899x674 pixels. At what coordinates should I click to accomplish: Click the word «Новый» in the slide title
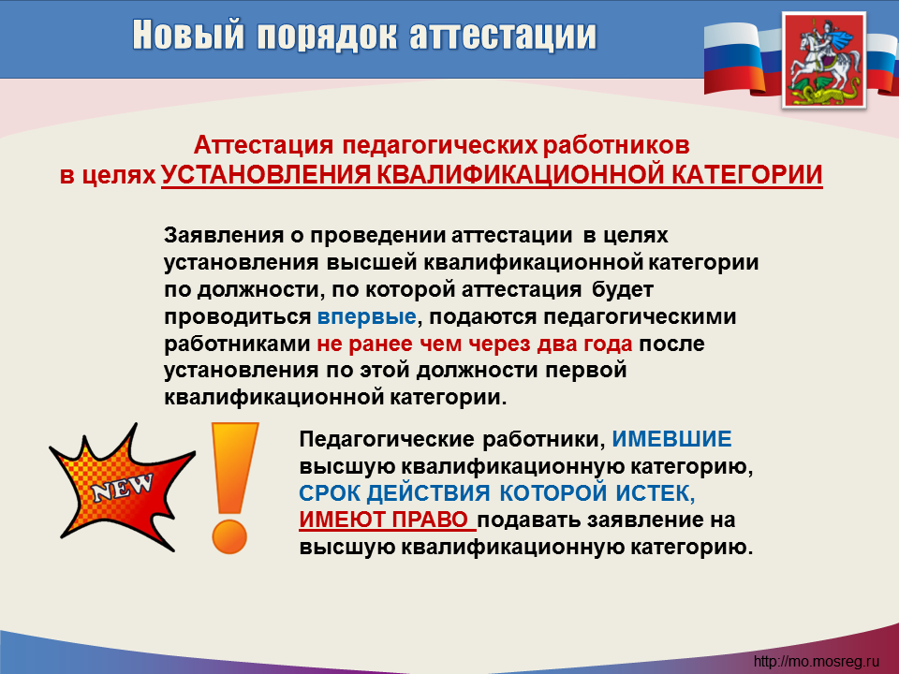188,35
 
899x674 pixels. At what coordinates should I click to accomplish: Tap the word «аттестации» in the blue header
503,37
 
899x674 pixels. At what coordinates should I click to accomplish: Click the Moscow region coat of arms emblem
824,60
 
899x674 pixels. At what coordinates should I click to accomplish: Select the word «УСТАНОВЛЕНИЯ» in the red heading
266,174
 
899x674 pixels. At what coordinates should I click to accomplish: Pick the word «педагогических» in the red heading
440,146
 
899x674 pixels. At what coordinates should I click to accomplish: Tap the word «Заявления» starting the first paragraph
224,235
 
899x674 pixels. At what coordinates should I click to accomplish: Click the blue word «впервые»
367,317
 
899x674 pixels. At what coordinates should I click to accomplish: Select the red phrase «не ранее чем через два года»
475,344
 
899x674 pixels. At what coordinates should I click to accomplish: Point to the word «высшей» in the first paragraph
372,262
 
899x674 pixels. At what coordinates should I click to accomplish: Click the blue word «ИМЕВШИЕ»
672,439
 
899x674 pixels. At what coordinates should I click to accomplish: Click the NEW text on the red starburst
123,488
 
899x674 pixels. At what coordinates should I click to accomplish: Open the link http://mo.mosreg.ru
817,662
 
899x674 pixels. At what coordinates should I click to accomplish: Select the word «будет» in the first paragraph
623,289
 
